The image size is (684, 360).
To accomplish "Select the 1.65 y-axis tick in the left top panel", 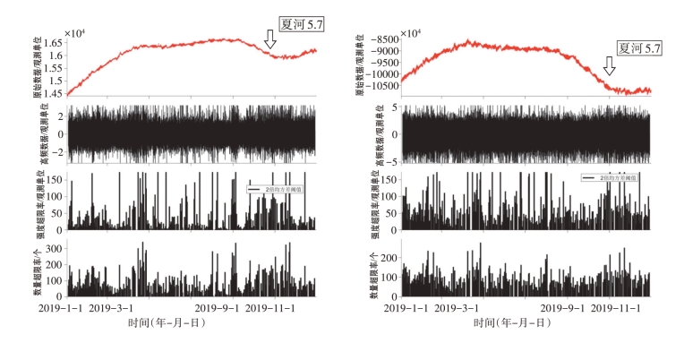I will point(52,43).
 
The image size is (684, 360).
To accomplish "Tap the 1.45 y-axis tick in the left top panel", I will point(52,93).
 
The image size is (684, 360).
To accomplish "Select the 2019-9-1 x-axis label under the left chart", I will point(218,308).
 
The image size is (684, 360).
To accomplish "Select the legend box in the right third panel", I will point(618,179).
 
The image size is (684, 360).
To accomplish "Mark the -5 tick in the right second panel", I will point(393,160).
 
